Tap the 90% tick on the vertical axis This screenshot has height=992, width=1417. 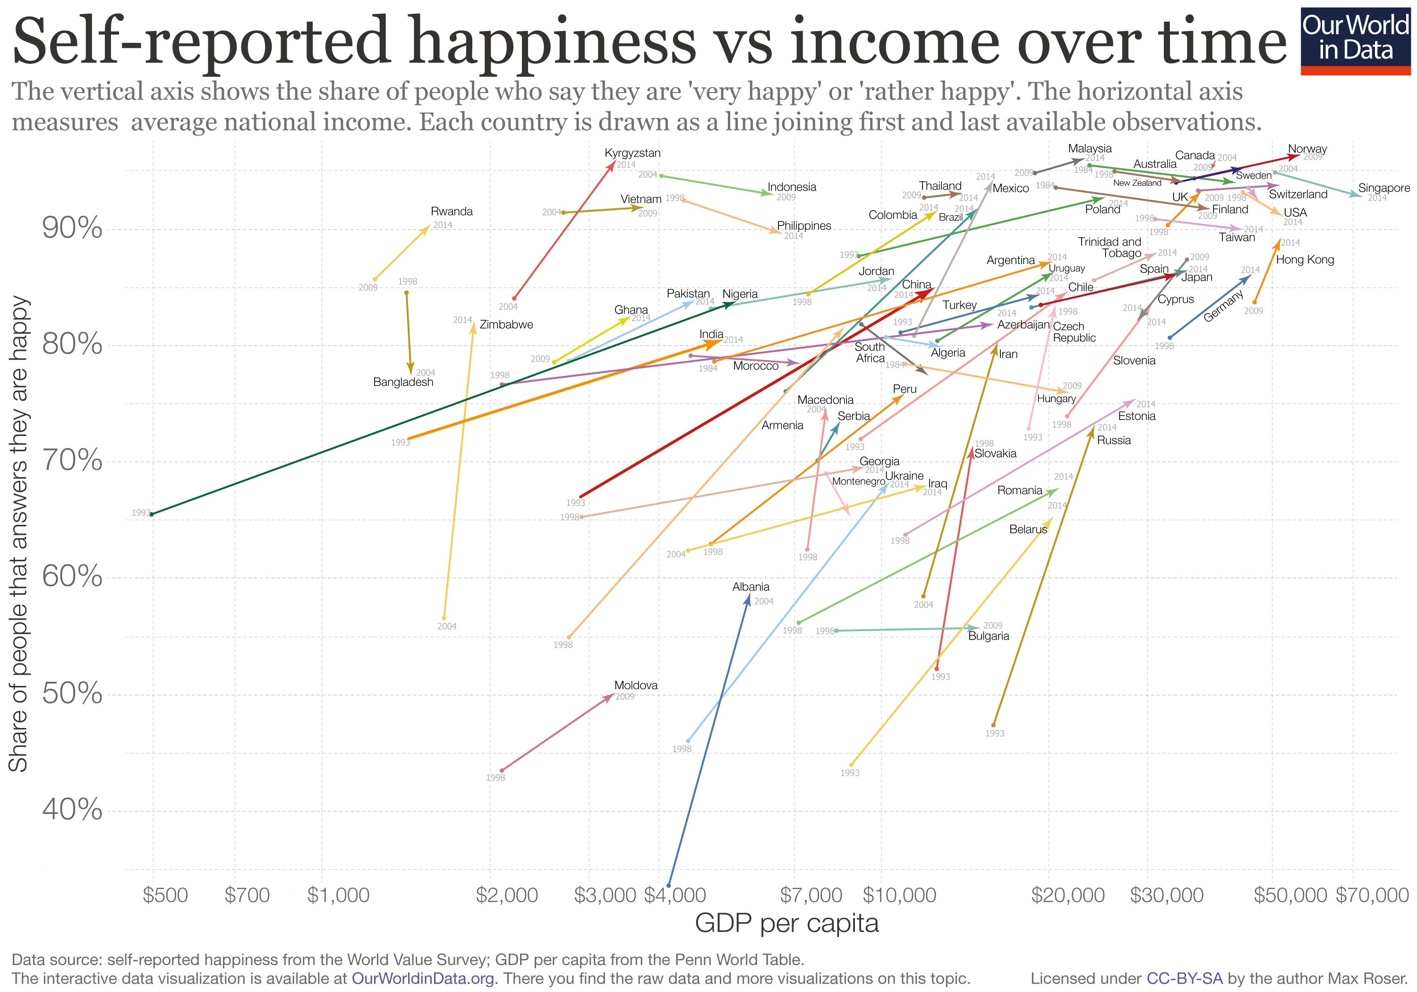coord(72,229)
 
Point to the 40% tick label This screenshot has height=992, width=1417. coord(72,809)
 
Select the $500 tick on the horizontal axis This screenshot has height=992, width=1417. coord(165,895)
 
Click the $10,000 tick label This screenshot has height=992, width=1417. coord(899,895)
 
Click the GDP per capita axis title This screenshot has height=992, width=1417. coord(786,924)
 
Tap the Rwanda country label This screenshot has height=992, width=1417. coord(452,212)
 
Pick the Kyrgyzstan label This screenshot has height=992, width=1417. coord(632,153)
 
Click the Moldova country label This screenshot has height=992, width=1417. coord(636,686)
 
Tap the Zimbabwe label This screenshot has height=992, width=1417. coord(506,325)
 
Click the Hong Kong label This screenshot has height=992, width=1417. coord(1305,260)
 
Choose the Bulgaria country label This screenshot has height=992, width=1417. coord(989,636)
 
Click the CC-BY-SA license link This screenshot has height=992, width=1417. coord(1184,978)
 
